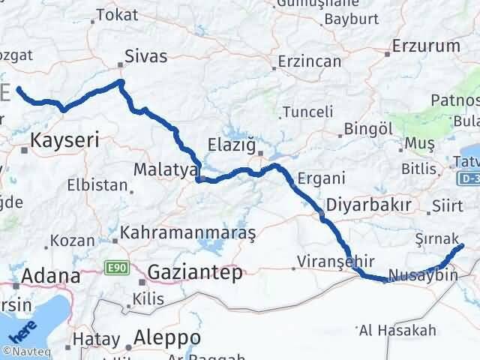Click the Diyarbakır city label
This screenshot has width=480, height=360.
368,205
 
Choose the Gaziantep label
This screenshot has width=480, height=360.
195,272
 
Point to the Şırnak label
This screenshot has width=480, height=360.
436,238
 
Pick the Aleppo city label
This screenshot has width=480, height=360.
167,336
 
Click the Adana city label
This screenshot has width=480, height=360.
50,275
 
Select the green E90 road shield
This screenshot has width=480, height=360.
115,267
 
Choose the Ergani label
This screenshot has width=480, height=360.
322,178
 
